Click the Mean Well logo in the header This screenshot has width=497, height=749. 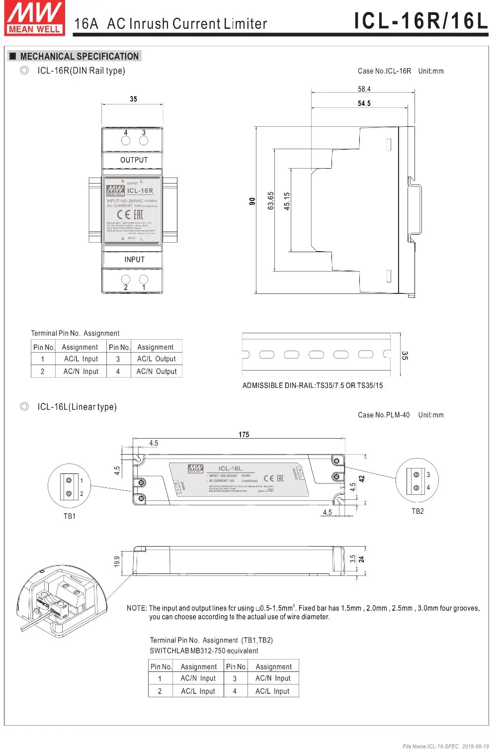click(x=34, y=18)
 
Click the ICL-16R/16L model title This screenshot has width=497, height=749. click(x=420, y=21)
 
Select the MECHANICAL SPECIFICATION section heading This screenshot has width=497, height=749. click(x=79, y=56)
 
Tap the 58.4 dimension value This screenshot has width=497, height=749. click(x=364, y=89)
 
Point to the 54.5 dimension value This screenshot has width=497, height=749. click(x=364, y=103)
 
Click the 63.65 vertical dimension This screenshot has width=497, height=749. click(x=271, y=201)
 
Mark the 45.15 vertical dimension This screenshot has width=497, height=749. click(x=287, y=201)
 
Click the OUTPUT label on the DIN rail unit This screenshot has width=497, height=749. click(x=134, y=160)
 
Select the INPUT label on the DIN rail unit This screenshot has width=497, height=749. click(x=134, y=260)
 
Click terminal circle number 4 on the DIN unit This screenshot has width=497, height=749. click(x=126, y=140)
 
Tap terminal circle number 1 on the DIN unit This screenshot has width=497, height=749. click(x=144, y=280)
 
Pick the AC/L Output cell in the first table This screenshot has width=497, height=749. click(x=157, y=359)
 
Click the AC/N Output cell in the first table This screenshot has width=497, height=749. click(x=157, y=372)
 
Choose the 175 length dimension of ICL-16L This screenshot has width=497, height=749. click(x=244, y=435)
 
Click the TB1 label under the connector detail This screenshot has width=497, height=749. click(x=70, y=516)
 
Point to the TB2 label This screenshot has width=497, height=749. click(x=417, y=511)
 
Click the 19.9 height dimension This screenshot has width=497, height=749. click(x=117, y=562)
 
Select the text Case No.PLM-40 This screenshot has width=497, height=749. click(x=384, y=415)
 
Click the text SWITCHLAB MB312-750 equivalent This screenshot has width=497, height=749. click(x=204, y=651)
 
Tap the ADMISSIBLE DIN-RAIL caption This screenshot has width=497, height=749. click(x=313, y=385)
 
